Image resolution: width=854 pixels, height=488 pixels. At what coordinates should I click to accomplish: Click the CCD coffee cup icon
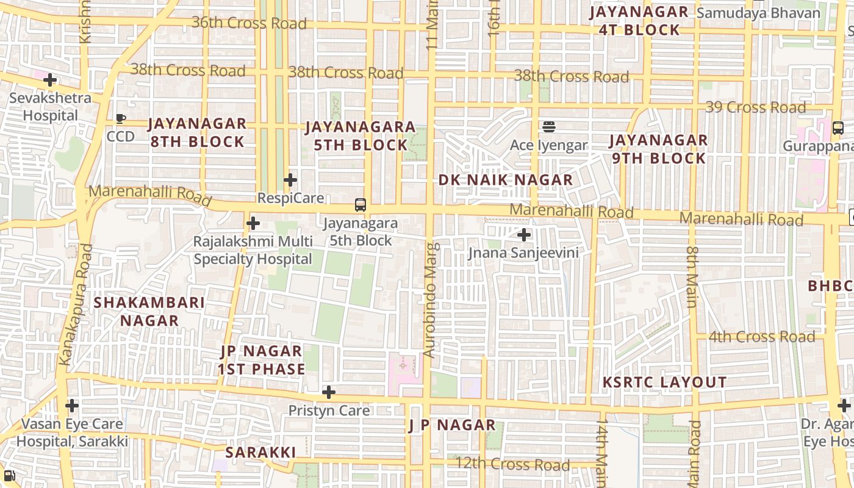coord(121,118)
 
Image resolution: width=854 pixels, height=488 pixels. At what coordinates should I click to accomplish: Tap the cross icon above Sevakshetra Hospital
coord(50,79)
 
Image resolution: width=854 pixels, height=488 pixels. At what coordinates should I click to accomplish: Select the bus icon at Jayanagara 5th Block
coord(361,205)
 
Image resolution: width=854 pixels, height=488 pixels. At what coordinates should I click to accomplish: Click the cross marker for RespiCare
coord(290,180)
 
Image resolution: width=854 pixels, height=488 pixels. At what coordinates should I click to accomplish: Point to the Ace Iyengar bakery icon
coord(549,127)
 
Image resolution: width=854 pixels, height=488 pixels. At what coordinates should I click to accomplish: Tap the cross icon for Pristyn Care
coord(329,392)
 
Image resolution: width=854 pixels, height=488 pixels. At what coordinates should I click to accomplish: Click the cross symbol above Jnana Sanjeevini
coord(523,234)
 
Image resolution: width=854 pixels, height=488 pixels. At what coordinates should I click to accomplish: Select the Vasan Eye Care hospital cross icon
coord(72,405)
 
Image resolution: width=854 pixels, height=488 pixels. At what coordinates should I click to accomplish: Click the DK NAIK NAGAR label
coord(506,180)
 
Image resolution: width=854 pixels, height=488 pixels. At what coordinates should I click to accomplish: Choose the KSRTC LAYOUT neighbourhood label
coord(664,382)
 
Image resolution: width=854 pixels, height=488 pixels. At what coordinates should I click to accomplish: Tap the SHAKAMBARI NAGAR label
coord(149,311)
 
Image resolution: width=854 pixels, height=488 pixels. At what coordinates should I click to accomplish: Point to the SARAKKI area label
coord(260,453)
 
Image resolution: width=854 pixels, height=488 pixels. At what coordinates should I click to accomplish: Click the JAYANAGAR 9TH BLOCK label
coord(658,149)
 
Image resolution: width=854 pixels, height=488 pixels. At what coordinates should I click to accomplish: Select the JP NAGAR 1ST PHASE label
coord(262,360)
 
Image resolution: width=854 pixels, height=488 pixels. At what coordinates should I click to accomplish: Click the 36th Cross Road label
coord(249,23)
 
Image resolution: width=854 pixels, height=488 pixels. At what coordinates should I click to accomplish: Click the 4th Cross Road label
coord(761,337)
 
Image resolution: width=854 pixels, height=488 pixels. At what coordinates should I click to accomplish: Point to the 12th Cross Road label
coord(512,465)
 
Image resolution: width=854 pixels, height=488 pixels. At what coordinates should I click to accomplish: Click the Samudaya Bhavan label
coord(758,13)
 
